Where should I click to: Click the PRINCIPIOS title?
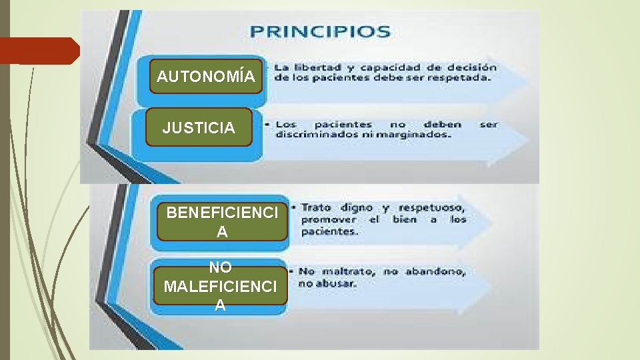(320, 31)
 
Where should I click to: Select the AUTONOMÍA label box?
(205, 77)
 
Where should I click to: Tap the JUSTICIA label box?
(199, 127)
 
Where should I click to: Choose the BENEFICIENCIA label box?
(221, 222)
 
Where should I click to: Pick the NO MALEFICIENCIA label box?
(221, 286)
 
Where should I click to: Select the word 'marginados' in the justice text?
(417, 134)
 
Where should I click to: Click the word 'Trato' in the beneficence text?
(316, 207)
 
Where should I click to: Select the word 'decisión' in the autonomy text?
(472, 67)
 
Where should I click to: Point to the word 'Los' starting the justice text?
(286, 124)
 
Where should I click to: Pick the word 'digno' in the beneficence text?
(362, 207)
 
